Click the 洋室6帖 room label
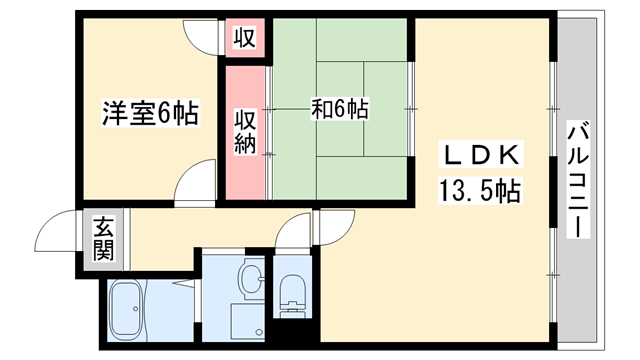pos(149,113)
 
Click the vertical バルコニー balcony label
pos(577,180)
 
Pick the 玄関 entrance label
pos(104,240)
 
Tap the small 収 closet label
pos(245,39)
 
